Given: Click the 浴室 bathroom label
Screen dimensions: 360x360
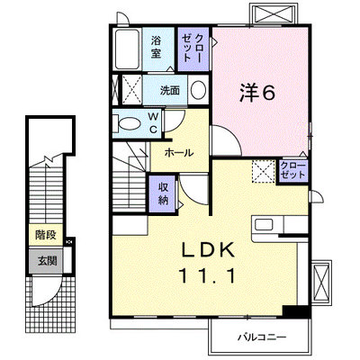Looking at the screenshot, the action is (156, 47).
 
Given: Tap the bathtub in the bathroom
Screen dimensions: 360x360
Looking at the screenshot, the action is (127, 49).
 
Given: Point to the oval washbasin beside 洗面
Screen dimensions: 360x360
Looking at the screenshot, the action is (198, 90).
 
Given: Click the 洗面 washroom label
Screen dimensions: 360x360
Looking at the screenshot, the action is (170, 90).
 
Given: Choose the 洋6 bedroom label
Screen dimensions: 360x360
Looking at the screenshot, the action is (257, 93).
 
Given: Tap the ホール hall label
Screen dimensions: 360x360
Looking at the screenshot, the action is (179, 153).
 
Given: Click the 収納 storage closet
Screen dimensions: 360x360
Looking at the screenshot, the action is (163, 193).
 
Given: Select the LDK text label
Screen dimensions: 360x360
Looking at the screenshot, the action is (209, 250).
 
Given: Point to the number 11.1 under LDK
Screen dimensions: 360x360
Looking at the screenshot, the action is (207, 275).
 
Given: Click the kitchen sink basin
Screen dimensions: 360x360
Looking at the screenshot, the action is (264, 224).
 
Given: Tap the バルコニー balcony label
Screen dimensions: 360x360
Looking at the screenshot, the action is (262, 337).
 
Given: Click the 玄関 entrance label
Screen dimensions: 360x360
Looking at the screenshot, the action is (47, 261).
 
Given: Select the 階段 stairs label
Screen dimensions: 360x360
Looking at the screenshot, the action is (46, 235).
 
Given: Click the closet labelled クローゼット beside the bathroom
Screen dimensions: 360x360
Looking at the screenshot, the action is (193, 49).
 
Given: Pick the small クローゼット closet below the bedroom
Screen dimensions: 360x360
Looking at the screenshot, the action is (292, 171).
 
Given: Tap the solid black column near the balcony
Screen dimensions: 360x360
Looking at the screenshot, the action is (295, 311).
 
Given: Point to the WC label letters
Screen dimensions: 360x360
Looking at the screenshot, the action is (154, 122).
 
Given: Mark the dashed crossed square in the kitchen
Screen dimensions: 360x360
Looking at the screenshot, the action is (263, 171).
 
